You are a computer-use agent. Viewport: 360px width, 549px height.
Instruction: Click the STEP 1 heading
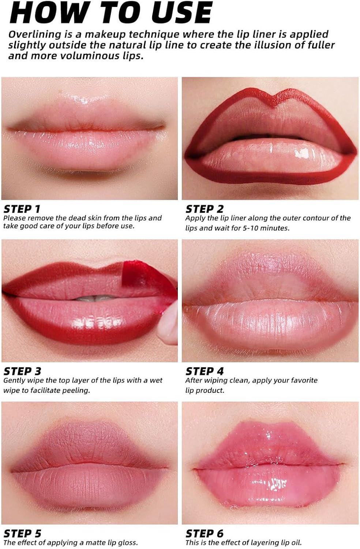click(x=22, y=209)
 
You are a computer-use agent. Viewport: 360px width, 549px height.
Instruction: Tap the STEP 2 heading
click(x=204, y=209)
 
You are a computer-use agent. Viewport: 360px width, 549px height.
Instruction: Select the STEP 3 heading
click(x=22, y=371)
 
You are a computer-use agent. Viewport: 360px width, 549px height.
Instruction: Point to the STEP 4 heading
click(x=204, y=371)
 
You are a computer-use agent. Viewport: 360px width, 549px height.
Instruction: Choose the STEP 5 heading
click(x=22, y=533)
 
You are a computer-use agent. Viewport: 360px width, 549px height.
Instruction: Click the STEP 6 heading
click(x=204, y=533)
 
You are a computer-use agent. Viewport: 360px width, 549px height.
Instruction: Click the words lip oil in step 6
click(x=288, y=542)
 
